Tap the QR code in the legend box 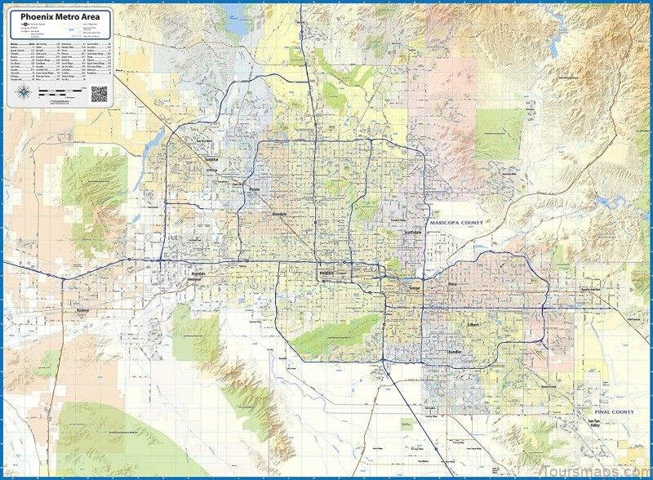coord(100,94)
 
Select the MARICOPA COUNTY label coord(455,223)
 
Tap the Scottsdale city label coord(413,233)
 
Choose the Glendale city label coord(280,213)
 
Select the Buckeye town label coord(82,311)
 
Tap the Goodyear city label coord(193,279)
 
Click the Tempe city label coord(414,288)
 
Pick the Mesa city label coord(453,285)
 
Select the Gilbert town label coord(474,324)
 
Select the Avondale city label coord(198,273)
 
